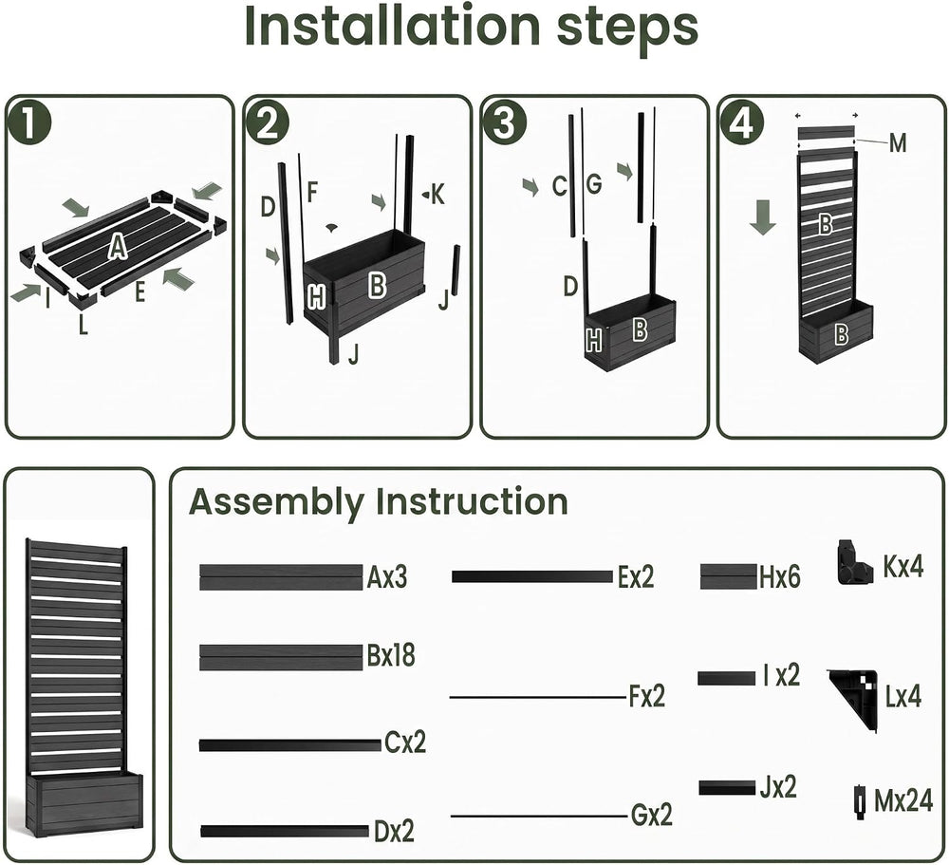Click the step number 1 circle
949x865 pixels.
(x=29, y=123)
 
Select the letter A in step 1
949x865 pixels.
(x=119, y=247)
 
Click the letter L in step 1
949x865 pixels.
(x=83, y=325)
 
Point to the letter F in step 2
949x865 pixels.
(x=312, y=192)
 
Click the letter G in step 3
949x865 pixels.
(x=594, y=184)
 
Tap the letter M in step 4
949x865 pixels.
(x=898, y=143)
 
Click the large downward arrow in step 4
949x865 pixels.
(x=763, y=218)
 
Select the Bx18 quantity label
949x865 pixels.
(x=391, y=655)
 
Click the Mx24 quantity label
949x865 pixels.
(x=903, y=800)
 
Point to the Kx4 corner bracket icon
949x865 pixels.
(x=855, y=563)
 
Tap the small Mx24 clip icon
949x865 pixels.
(x=860, y=802)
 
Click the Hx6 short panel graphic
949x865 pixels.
(x=728, y=576)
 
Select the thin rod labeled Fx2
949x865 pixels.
(x=537, y=697)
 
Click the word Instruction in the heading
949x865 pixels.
(x=472, y=502)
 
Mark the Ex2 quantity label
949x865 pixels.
(x=636, y=577)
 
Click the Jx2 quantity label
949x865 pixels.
(x=778, y=787)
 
